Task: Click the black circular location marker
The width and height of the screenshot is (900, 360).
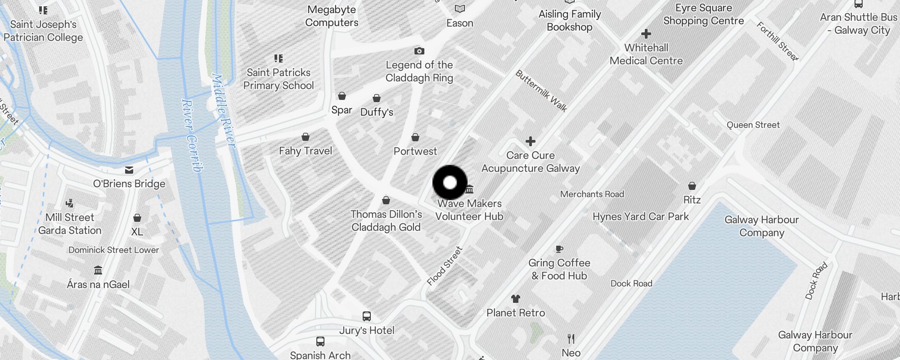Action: tap(450, 183)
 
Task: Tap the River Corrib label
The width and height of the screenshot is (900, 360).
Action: tap(192, 135)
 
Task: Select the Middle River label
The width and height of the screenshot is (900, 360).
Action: tap(223, 111)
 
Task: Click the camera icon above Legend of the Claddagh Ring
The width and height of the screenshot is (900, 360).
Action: tap(419, 51)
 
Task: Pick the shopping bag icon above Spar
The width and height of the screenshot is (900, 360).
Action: tap(342, 96)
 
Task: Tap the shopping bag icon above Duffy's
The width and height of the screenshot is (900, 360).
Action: tap(377, 98)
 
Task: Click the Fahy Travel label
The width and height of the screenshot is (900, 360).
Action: tap(306, 151)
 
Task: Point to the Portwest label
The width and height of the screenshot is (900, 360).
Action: tap(415, 151)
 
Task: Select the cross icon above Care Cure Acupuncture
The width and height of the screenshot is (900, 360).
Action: tap(531, 141)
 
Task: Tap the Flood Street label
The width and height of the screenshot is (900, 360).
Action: tap(445, 266)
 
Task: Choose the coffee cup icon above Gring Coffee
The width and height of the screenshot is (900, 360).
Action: tap(559, 249)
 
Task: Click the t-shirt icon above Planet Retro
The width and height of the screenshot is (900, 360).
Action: tap(516, 298)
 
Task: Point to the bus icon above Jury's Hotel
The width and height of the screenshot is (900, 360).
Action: tap(367, 316)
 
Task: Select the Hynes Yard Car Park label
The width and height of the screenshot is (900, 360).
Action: tap(640, 216)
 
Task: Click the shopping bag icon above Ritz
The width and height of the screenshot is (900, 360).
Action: tap(692, 186)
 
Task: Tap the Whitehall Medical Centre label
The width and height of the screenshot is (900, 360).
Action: tap(646, 54)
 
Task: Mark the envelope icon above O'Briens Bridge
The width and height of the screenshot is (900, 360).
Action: tap(129, 170)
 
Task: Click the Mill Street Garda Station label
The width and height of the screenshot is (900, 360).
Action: tap(70, 224)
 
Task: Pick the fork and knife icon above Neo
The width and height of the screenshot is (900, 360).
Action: tap(571, 338)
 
